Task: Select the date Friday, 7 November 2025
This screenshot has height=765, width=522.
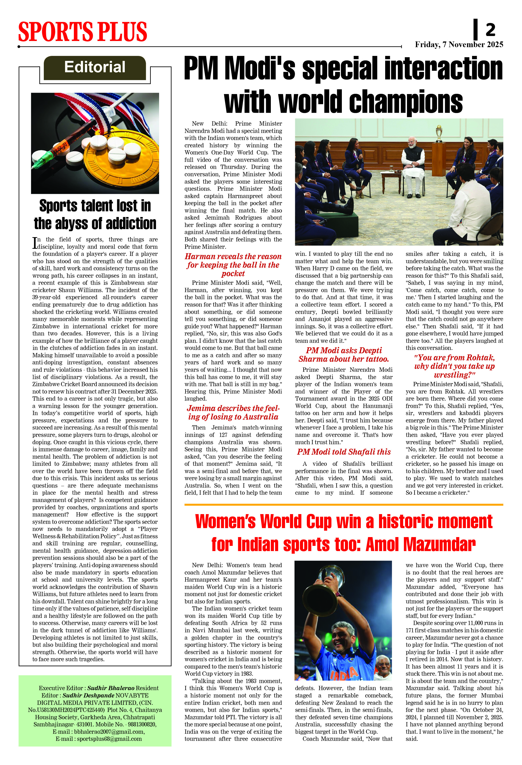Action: click(x=459, y=45)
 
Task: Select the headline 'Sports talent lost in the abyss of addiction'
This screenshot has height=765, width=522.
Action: click(x=95, y=214)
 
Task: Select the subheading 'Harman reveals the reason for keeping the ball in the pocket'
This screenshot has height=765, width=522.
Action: click(x=233, y=265)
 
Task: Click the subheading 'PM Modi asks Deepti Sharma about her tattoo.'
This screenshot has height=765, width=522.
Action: click(x=344, y=354)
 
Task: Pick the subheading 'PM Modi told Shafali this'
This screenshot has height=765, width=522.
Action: click(x=344, y=452)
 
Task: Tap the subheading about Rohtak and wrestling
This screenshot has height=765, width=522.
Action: click(x=454, y=366)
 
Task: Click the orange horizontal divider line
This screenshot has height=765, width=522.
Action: click(x=344, y=504)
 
